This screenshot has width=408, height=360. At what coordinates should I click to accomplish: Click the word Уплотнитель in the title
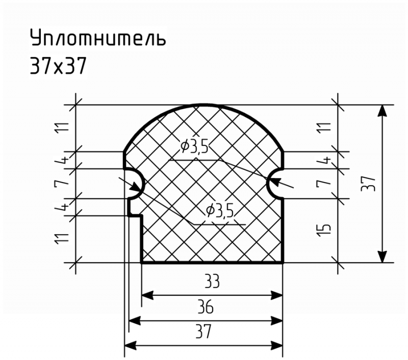tap(98, 38)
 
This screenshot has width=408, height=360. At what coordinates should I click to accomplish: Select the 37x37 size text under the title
tap(58, 66)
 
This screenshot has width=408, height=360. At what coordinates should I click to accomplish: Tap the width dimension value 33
tap(212, 281)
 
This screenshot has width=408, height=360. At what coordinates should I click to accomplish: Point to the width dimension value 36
tap(206, 306)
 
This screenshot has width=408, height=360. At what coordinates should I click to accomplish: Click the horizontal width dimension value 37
tap(203, 331)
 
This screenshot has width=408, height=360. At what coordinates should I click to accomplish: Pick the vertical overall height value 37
tap(368, 184)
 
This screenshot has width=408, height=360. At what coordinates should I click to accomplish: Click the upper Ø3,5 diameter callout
tap(195, 147)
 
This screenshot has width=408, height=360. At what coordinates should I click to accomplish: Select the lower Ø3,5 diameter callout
tap(220, 211)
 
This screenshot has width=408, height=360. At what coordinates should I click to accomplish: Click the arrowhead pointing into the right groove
tap(275, 182)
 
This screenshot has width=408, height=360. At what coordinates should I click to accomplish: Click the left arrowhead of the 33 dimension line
tap(147, 295)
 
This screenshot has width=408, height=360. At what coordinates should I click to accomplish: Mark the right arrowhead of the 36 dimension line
tap(276, 321)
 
